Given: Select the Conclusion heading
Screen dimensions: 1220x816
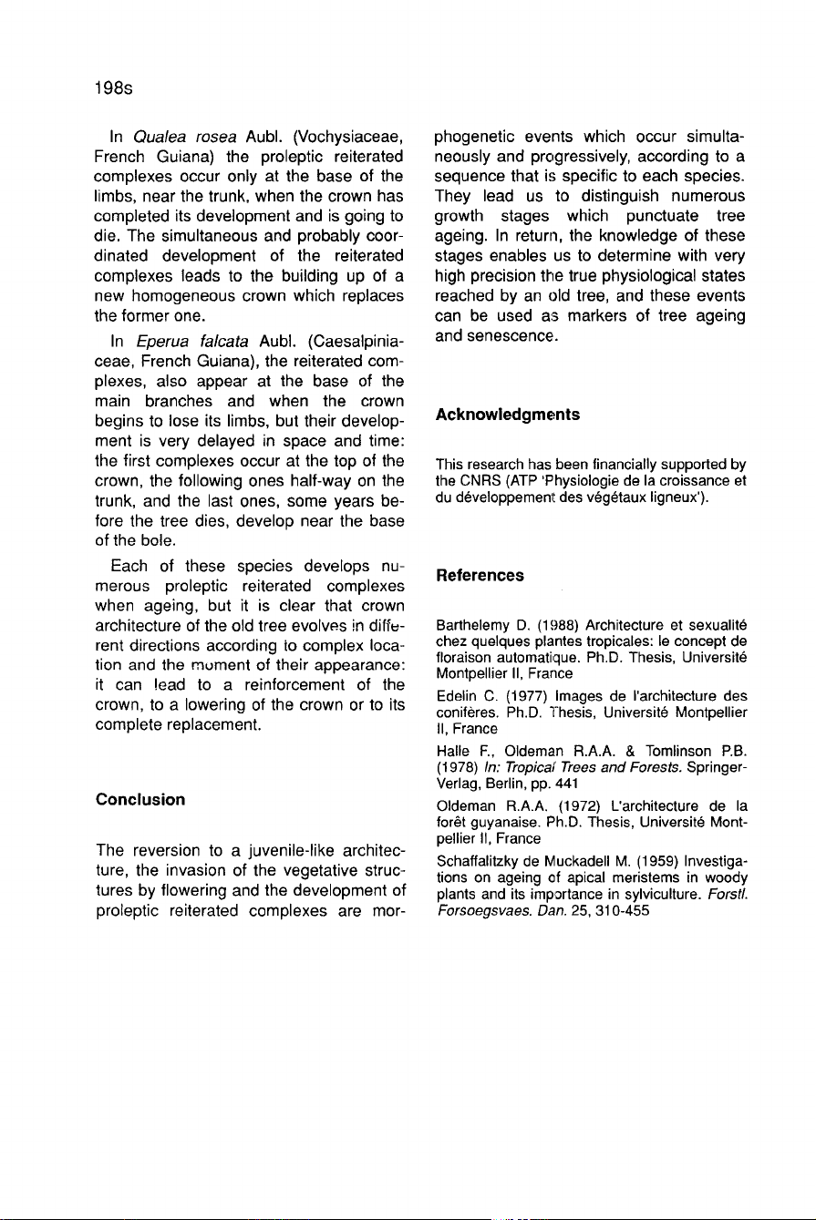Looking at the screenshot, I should tap(140, 799).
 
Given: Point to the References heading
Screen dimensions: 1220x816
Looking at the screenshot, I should tap(480, 575).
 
